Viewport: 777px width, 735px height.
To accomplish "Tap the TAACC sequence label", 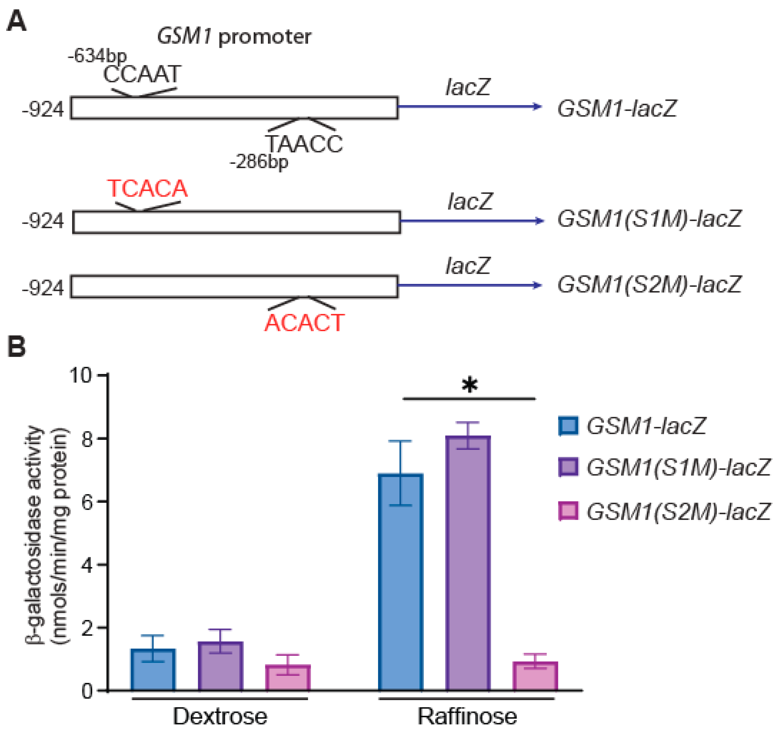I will tap(304, 144).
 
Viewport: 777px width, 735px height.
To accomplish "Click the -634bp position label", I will tap(97, 56).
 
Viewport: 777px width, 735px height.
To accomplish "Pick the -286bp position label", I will tap(259, 161).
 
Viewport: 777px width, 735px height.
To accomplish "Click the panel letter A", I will tap(16, 21).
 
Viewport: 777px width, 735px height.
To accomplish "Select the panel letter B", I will tap(16, 346).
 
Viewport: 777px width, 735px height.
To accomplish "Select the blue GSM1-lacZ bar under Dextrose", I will tap(153, 670).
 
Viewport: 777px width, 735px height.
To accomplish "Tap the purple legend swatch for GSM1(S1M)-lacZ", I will tap(568, 467).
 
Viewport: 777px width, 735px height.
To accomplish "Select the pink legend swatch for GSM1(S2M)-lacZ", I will tap(568, 511).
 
